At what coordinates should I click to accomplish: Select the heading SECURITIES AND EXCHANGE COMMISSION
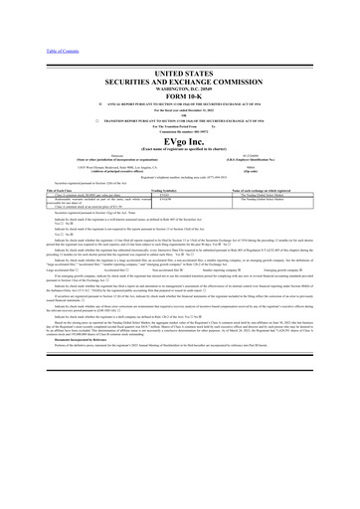point(180,57)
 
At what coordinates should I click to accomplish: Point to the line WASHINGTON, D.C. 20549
point(180,66)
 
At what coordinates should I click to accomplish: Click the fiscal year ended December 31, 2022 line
point(180,90)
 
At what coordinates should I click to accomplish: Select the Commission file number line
point(180,113)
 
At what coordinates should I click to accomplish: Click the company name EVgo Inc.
point(180,125)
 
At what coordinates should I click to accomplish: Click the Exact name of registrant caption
point(180,134)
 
